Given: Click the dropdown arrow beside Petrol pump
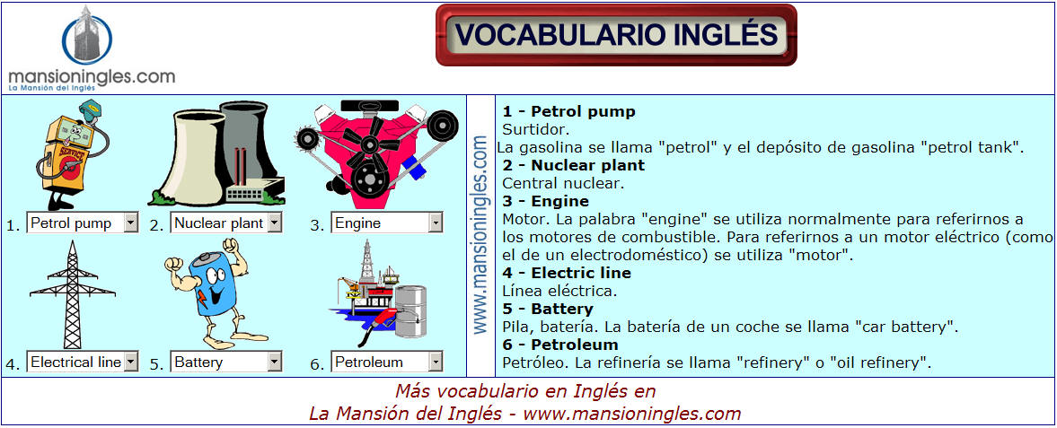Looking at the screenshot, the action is tap(131, 223).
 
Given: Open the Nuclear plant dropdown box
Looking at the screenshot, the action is tap(225, 223).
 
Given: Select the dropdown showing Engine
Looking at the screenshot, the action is tap(387, 223).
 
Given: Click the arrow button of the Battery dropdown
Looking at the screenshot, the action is tap(275, 362).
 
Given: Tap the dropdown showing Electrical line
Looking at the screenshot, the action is tap(83, 362).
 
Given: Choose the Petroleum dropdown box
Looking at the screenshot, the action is tap(387, 362).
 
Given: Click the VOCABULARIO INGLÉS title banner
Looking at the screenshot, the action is tap(616, 35).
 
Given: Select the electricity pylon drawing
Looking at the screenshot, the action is tap(73, 294).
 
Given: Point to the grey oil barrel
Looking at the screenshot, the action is tap(410, 310).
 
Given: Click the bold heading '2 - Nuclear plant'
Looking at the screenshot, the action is tap(574, 165).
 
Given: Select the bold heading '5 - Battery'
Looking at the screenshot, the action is tap(548, 310).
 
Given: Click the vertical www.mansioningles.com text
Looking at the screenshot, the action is tap(480, 234).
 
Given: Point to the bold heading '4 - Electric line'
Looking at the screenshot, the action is tap(567, 273).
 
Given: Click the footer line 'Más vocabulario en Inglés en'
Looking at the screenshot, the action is tap(525, 391).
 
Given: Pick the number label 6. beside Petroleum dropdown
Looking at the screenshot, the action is tap(317, 364).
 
